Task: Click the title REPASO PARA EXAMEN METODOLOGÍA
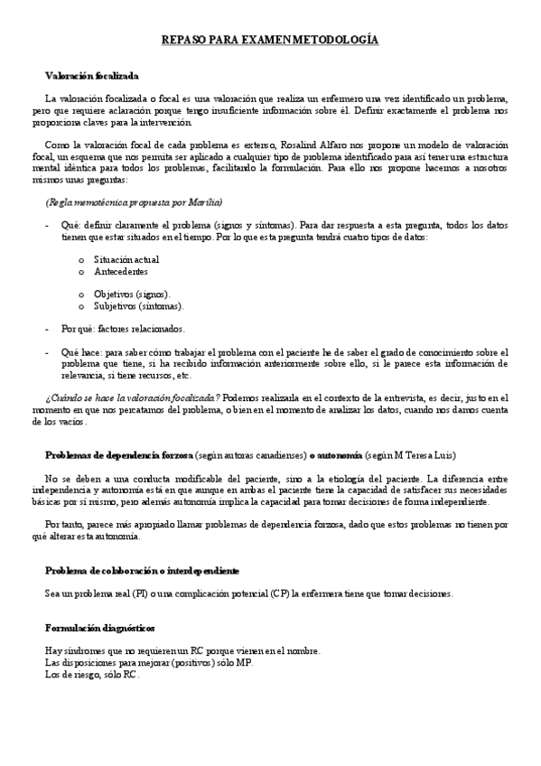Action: (x=270, y=41)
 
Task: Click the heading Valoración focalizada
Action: (x=92, y=76)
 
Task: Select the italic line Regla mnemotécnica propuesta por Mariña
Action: (x=134, y=201)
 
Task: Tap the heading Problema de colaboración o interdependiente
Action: (x=142, y=571)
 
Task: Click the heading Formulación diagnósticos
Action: (x=100, y=627)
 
